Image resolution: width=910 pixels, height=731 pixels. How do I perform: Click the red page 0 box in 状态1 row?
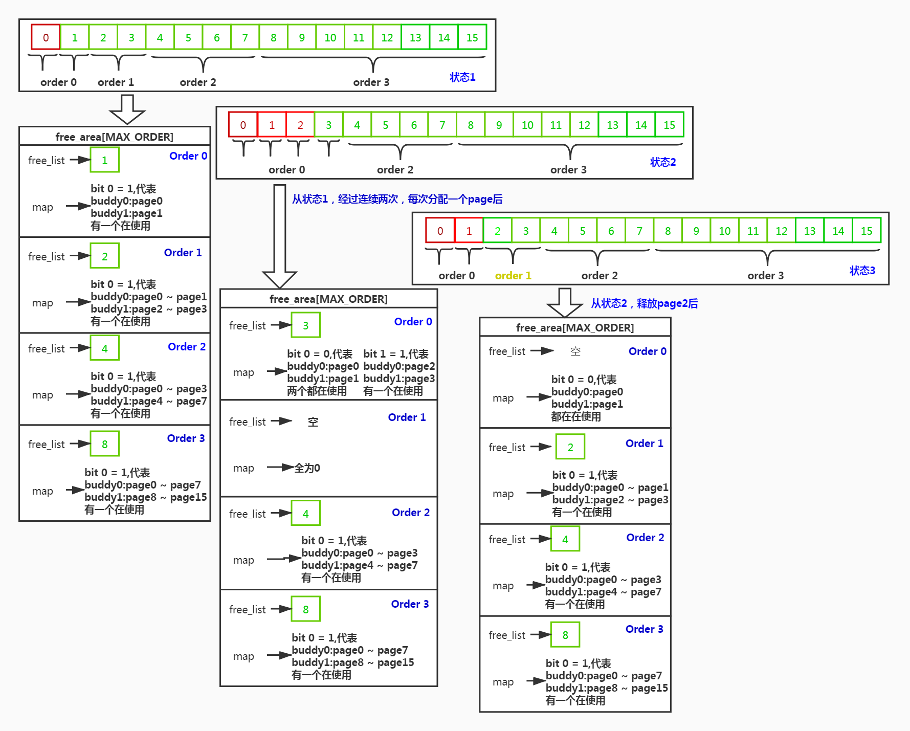pos(46,37)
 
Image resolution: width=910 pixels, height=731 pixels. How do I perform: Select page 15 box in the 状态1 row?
pos(472,37)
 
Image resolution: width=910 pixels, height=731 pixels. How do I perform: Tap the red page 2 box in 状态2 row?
pos(300,125)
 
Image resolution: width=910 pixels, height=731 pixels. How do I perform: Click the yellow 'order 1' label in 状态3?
pos(513,275)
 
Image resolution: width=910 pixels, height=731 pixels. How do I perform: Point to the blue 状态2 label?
pos(662,162)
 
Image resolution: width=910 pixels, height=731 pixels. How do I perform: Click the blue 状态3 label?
pos(862,270)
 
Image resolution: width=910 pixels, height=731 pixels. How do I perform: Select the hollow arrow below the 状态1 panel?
pos(127,109)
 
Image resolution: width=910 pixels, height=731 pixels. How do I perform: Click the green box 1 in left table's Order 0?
pos(104,160)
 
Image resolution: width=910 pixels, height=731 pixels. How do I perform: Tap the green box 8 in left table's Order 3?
pos(104,444)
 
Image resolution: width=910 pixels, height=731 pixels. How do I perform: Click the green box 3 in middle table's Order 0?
pos(305,325)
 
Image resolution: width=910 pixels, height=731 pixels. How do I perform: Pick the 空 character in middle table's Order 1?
pos(313,422)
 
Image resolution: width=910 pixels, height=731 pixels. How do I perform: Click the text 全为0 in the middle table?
pos(307,468)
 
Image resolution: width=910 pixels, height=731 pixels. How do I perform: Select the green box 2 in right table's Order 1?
pos(570,447)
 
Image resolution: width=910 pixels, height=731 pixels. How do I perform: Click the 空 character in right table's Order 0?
pos(575,351)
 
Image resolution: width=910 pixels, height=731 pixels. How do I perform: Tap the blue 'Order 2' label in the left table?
pos(186,346)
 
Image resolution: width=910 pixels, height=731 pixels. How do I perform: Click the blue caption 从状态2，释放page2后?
pos(644,303)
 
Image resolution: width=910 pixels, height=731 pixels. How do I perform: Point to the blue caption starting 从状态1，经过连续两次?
pos(397,199)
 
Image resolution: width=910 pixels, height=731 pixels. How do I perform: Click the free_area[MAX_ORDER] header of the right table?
pos(574,327)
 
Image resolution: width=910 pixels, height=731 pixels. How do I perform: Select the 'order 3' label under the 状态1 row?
pos(371,82)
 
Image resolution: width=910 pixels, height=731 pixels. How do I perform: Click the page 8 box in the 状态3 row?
pos(667,231)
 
